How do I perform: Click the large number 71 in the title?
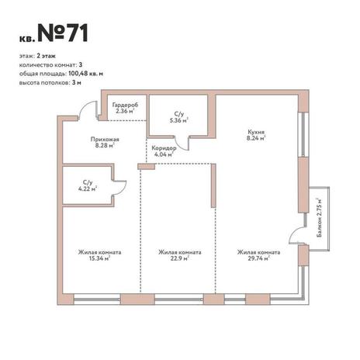[78, 33]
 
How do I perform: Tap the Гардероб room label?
[125, 105]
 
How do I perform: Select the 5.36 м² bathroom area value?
[178, 120]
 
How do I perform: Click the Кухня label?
[256, 132]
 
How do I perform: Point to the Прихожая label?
[105, 140]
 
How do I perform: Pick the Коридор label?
[164, 148]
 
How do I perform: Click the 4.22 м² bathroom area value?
[88, 189]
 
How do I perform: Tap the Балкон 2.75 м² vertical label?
[320, 218]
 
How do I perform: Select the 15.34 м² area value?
[99, 258]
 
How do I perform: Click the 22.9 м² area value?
[179, 258]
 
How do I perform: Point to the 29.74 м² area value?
[259, 258]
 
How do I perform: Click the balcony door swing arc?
[293, 231]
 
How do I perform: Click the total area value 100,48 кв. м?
[86, 74]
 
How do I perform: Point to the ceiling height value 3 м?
[77, 83]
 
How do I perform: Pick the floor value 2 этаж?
[47, 56]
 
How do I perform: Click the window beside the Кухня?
[303, 134]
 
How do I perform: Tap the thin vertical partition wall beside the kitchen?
[213, 185]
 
